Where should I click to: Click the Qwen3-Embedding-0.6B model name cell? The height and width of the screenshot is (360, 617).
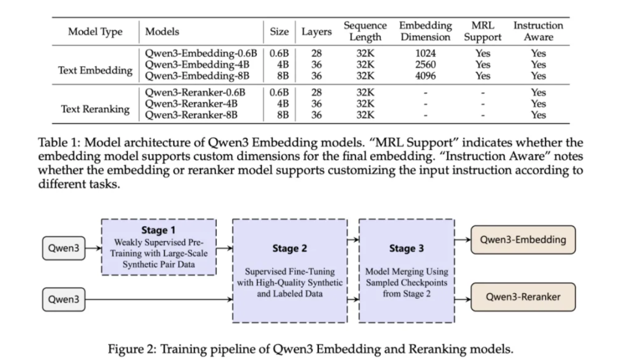[x=201, y=53]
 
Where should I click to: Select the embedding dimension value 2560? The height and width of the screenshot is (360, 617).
[x=425, y=65]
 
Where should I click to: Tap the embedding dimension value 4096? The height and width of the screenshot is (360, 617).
[x=425, y=75]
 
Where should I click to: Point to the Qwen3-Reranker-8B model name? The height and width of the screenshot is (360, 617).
[x=191, y=115]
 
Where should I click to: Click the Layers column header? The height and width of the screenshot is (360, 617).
[x=316, y=32]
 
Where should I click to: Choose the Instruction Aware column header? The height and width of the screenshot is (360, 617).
[x=538, y=31]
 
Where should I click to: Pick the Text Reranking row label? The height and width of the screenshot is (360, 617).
[x=95, y=109]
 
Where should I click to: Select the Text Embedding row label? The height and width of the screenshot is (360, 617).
[x=95, y=70]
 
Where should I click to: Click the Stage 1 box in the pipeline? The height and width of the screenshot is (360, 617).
[x=158, y=247]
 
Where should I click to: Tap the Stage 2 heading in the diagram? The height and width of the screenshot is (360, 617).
[x=290, y=249]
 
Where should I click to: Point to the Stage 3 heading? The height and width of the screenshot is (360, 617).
[x=406, y=249]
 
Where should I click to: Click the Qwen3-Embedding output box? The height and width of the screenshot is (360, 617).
[x=523, y=239]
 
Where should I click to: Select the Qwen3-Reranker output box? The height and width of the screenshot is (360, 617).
[x=523, y=297]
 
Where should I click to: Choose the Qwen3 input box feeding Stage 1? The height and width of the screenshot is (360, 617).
[x=63, y=249]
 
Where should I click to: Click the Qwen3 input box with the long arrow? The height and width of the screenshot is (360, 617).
[x=63, y=299]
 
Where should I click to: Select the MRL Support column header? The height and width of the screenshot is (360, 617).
[x=482, y=31]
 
